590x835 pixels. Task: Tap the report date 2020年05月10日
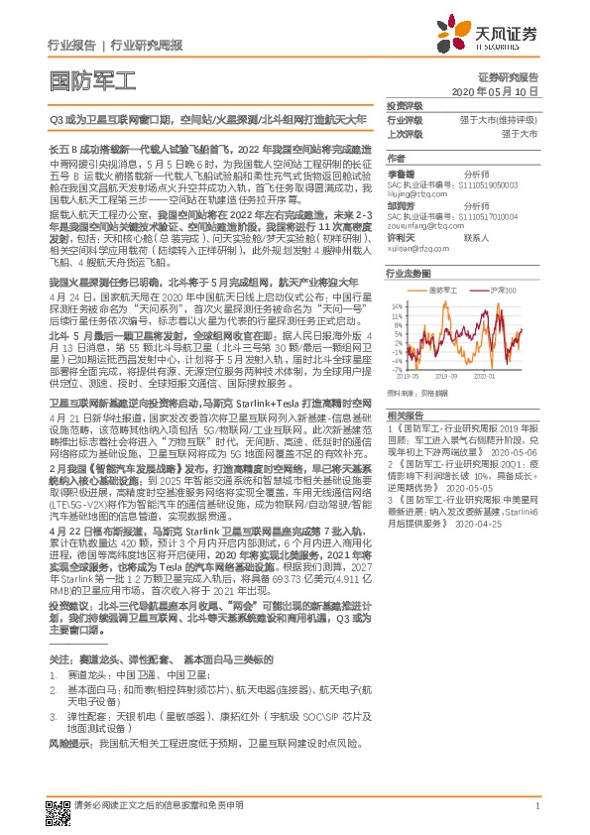tap(495, 90)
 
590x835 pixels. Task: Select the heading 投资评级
tap(406, 104)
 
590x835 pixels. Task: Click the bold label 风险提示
tap(70, 742)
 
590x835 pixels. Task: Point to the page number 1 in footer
tap(535, 806)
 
